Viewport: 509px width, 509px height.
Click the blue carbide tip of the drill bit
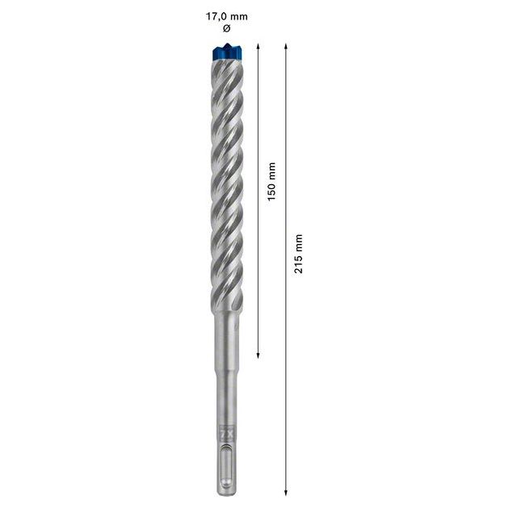[226, 53]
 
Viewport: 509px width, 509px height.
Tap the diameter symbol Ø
[226, 29]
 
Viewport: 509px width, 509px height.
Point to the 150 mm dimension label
[272, 183]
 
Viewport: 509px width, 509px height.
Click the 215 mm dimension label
[299, 253]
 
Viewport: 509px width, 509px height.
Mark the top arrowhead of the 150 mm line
[257, 47]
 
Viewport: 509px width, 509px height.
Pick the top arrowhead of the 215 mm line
[285, 47]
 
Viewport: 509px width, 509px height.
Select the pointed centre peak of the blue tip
[227, 45]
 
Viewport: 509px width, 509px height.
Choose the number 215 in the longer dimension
[299, 263]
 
